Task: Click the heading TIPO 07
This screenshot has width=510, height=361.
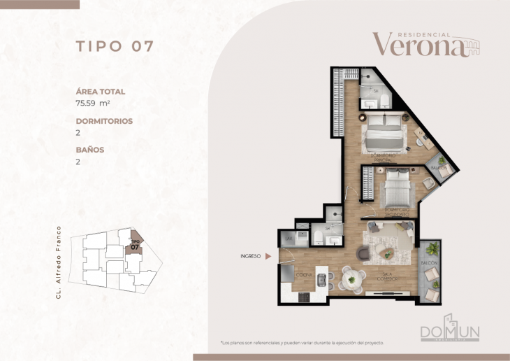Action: click(114, 47)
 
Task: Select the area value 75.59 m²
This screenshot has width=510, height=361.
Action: click(100, 103)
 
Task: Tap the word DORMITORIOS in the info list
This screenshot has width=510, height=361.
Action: click(104, 121)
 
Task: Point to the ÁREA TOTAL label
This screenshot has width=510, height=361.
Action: click(100, 91)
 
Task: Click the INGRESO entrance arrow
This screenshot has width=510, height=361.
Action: click(268, 257)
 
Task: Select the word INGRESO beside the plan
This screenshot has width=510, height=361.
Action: click(249, 257)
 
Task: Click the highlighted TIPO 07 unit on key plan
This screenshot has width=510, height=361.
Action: click(135, 244)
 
